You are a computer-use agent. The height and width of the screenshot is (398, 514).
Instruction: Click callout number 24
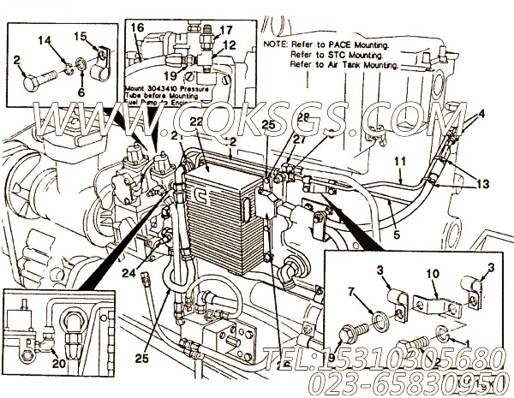[x=130, y=274]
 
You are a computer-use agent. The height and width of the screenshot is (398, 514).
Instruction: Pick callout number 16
[x=136, y=28]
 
